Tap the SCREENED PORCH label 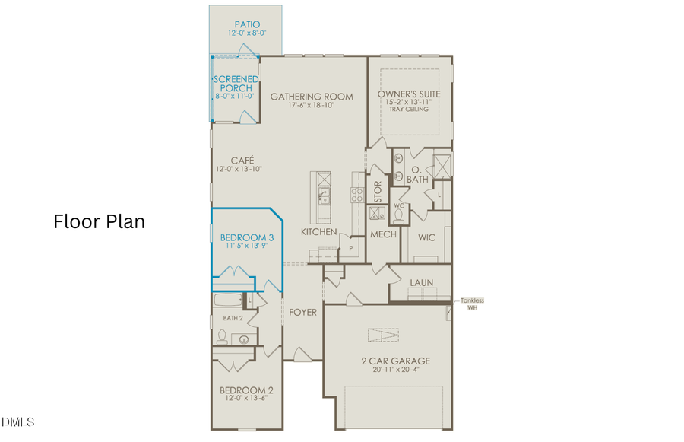coord(236,84)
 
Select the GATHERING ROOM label coord(312,97)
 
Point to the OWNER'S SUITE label coord(409,94)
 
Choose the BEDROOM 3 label coord(242,237)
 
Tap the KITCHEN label coord(319,231)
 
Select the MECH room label coord(383,234)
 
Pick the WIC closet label coord(426,237)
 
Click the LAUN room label coord(421,282)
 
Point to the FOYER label coord(302,311)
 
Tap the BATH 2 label coord(233,317)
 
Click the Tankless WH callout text coord(471,304)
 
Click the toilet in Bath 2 coord(223,335)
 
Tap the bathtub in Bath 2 coord(229,300)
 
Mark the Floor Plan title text coord(99,221)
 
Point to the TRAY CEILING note coord(409,110)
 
